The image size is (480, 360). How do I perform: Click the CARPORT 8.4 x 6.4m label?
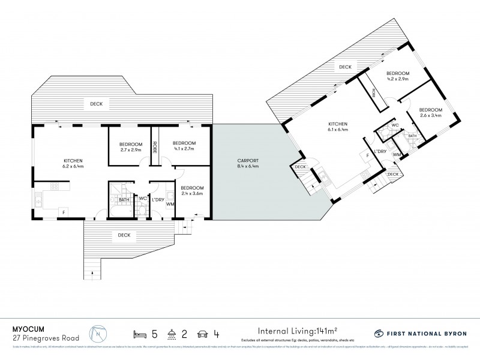coord(245,164)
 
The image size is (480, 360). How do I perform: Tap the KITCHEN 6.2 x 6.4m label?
coord(73,164)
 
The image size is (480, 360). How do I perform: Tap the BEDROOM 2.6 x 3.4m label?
coord(430,112)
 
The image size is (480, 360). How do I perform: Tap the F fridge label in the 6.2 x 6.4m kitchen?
coord(62,211)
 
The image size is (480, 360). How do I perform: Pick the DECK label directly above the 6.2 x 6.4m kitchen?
coord(97,104)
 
